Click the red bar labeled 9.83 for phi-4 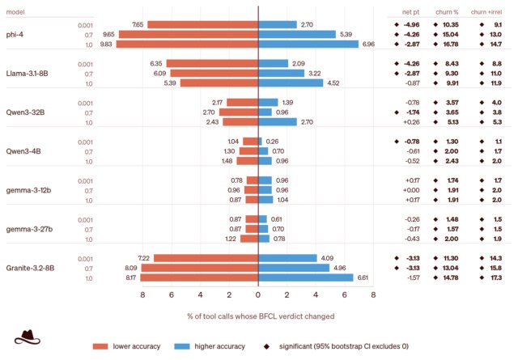point(187,44)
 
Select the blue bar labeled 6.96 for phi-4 point(308,44)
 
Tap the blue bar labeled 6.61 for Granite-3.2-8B point(306,277)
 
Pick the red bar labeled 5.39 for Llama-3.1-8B point(219,83)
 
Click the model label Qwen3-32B point(25,112)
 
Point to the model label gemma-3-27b point(29,229)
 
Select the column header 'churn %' point(447,12)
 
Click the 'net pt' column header point(410,12)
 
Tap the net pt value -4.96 point(412,25)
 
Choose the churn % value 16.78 point(451,44)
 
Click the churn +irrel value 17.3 point(496,277)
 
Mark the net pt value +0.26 point(412,122)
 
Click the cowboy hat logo point(27,337)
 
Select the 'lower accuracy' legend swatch point(100,346)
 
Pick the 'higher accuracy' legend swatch point(182,346)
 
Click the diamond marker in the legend point(266,346)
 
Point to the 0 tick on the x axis point(258,294)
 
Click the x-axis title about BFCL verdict point(261,316)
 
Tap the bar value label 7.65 point(138,25)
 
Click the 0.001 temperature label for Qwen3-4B point(85,142)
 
